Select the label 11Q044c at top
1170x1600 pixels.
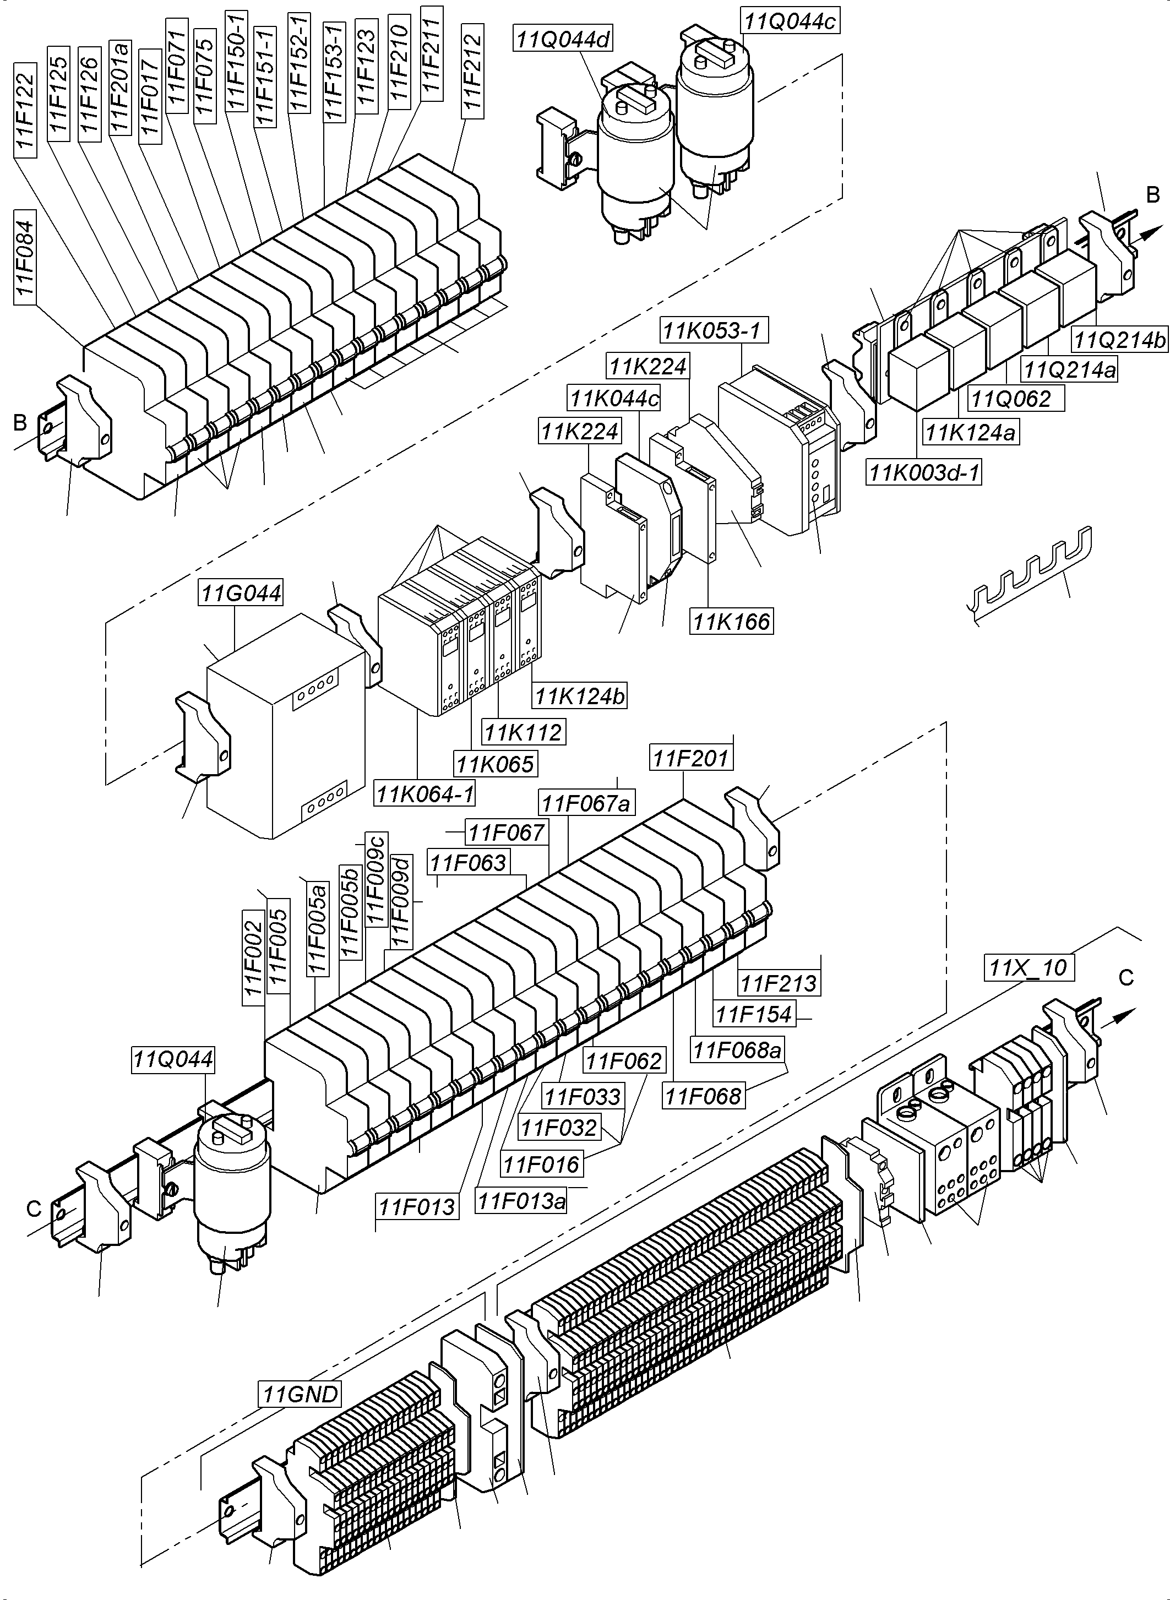click(789, 21)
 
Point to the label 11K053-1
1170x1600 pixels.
click(714, 329)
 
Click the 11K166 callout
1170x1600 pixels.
click(731, 621)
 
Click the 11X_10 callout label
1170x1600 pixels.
click(1028, 967)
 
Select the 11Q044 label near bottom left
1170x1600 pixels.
click(173, 1059)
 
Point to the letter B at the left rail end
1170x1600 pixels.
click(20, 423)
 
